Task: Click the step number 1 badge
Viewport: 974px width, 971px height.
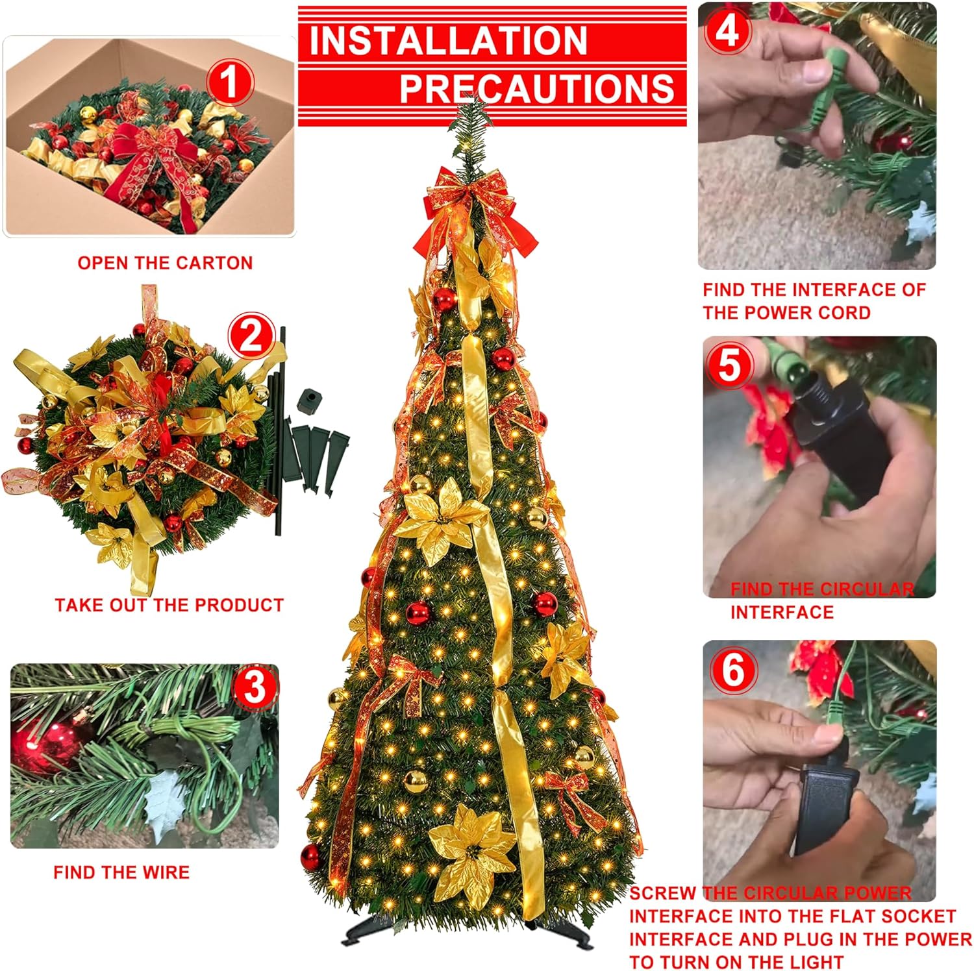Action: coord(229,82)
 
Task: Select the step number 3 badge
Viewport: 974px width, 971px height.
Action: coord(255,686)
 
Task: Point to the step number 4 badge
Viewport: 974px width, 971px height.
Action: coord(727,31)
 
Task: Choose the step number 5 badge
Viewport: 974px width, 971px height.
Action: coord(729,364)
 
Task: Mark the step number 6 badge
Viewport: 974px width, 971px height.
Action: coord(732,669)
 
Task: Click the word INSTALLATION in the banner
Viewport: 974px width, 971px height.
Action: coord(448,40)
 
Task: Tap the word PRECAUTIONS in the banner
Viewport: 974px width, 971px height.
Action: coord(536,88)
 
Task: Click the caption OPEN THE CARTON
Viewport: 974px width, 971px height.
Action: coord(165,263)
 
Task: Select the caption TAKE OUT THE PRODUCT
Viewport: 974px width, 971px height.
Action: coord(169,605)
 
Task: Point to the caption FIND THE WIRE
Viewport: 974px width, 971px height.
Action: coord(121,872)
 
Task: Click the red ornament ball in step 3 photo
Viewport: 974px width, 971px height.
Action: coord(45,746)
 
